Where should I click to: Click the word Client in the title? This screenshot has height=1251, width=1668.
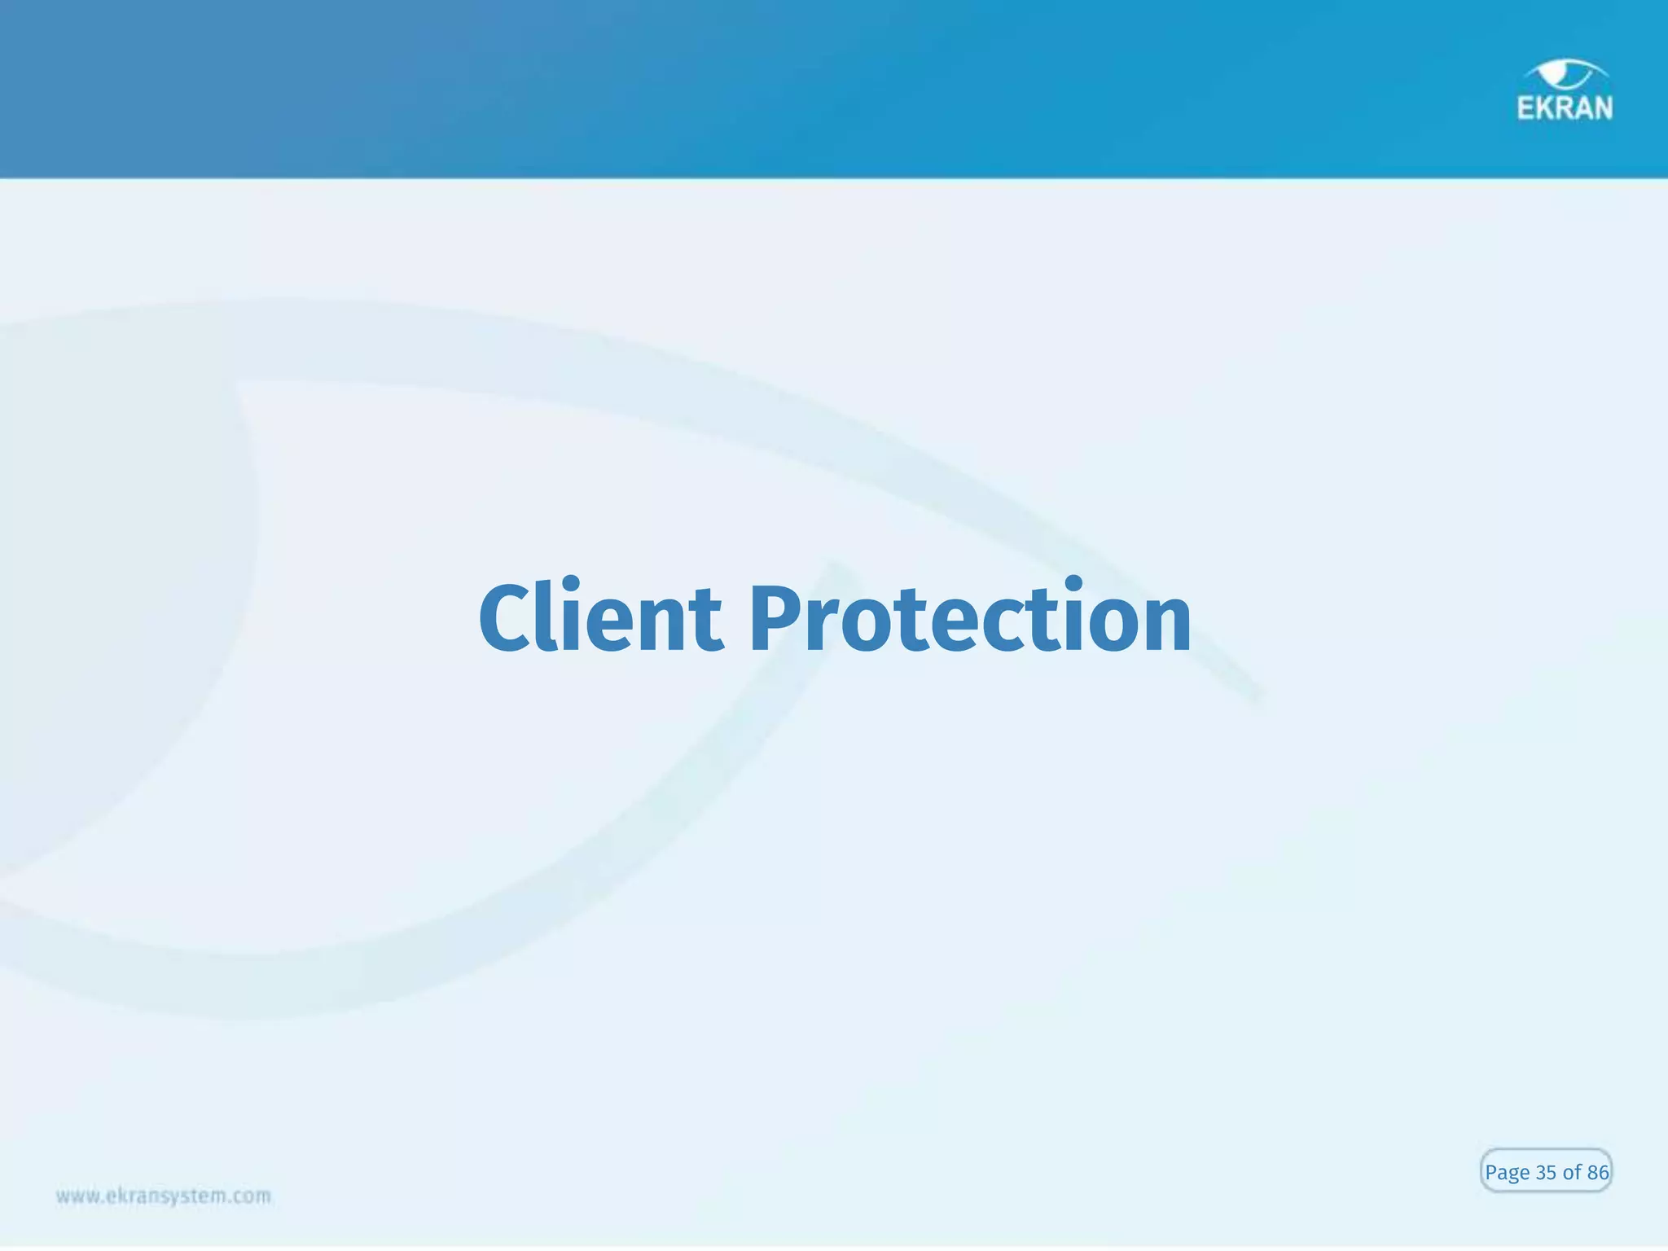coord(600,619)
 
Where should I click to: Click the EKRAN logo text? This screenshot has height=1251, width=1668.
coord(1565,108)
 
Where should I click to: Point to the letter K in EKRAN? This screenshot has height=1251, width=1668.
coord(1544,108)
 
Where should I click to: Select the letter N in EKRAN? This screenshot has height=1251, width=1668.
coord(1602,108)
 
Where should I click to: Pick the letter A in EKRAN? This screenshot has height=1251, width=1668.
coord(1583,108)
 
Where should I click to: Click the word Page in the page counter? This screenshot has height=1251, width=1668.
coord(1507,1173)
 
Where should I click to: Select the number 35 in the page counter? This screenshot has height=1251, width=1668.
coord(1546,1173)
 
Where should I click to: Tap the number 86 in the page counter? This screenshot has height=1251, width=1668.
coord(1597,1173)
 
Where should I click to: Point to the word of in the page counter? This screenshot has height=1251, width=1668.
coord(1572,1173)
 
